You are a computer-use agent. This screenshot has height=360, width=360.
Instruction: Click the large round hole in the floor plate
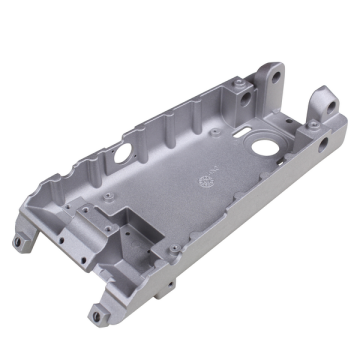[x=267, y=147]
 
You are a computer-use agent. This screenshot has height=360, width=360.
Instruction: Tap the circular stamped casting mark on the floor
[x=205, y=180]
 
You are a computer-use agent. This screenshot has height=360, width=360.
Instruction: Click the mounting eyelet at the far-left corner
[x=19, y=241]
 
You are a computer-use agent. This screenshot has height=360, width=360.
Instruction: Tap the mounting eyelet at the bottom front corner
[x=96, y=315]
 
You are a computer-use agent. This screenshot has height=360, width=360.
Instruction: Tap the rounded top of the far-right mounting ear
[x=324, y=92]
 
